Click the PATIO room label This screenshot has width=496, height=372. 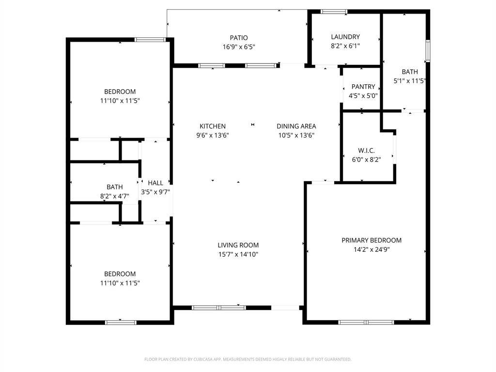(x=238, y=38)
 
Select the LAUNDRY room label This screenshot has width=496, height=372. (x=345, y=37)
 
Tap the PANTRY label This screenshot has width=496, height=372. (x=363, y=87)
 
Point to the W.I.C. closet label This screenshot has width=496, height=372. (x=366, y=151)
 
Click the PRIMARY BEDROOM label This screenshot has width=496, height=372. (x=372, y=240)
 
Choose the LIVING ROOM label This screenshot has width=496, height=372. (x=238, y=245)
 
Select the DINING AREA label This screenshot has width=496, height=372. (x=296, y=126)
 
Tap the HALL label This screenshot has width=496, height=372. (x=155, y=183)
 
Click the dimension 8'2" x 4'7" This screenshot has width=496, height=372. (x=114, y=196)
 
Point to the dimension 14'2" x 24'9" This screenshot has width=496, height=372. (x=372, y=250)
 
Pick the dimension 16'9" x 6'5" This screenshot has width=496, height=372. (x=238, y=47)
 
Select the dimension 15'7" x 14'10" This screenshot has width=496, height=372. (x=238, y=254)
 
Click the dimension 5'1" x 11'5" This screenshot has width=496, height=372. (x=409, y=81)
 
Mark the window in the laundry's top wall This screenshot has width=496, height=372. (x=334, y=12)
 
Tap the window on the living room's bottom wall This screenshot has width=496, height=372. (x=218, y=307)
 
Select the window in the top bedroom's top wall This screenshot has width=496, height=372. (x=151, y=40)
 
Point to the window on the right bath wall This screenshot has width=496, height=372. (x=428, y=51)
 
